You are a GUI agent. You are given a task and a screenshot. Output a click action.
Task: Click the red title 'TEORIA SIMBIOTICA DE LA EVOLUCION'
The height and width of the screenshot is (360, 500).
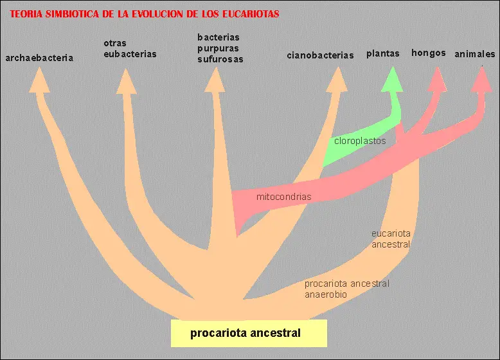coord(145,14)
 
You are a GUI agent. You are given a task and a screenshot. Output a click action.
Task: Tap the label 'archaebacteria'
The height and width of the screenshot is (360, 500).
coord(39,58)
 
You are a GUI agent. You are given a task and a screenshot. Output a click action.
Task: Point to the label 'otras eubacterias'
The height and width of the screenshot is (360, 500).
coord(130,49)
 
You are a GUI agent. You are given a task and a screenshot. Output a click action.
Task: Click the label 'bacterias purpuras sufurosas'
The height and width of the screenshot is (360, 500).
coord(220,48)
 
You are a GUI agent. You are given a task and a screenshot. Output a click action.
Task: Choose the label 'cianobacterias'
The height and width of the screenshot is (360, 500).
coord(320,55)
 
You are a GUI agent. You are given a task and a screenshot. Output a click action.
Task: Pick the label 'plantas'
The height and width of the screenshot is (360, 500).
coord(383,54)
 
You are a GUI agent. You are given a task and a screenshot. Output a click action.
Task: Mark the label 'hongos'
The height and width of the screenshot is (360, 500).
coord(429,53)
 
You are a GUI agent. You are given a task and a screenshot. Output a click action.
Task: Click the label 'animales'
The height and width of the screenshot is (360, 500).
coord(475,55)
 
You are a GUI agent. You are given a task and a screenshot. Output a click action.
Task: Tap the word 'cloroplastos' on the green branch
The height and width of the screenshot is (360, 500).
coord(360,141)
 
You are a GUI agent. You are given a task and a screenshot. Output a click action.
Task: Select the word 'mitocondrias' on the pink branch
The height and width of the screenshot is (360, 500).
coord(283,197)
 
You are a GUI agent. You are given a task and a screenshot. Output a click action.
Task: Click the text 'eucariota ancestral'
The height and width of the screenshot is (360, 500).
coord(391,239)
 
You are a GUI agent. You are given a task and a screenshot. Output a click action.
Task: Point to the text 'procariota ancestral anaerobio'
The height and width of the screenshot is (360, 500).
coord(347,289)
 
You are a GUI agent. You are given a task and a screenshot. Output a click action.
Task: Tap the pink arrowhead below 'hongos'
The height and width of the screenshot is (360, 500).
coord(437,79)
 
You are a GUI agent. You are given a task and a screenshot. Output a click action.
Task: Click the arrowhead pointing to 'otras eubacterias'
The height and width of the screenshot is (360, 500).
coord(126,81)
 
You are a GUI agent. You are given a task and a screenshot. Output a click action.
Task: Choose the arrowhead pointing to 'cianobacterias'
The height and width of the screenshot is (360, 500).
coord(337,80)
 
